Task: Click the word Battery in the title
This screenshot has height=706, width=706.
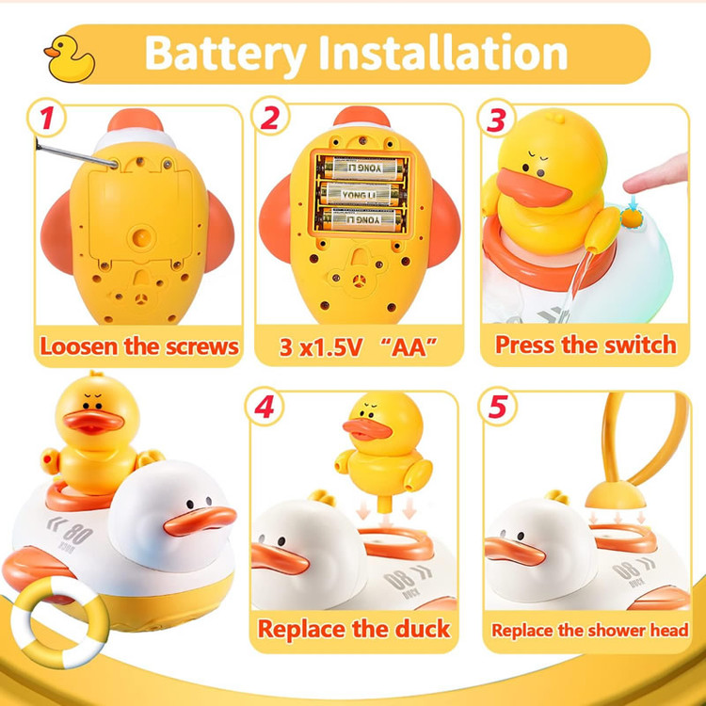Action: (x=226, y=54)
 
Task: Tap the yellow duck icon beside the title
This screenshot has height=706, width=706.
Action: (x=70, y=59)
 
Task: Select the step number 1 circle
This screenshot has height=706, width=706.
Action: (x=47, y=118)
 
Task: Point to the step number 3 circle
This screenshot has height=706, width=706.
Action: (x=496, y=119)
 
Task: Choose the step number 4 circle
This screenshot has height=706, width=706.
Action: (x=265, y=407)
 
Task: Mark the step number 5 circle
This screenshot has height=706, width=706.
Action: (x=497, y=406)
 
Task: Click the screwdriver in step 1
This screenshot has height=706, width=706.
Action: (x=75, y=153)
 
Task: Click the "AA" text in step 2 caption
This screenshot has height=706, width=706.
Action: (x=409, y=346)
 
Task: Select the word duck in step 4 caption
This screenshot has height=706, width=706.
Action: (x=423, y=629)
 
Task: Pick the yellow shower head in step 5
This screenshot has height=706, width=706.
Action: (x=616, y=495)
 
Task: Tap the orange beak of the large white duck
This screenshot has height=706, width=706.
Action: (x=200, y=521)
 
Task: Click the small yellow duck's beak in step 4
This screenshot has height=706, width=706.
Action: (x=367, y=429)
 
